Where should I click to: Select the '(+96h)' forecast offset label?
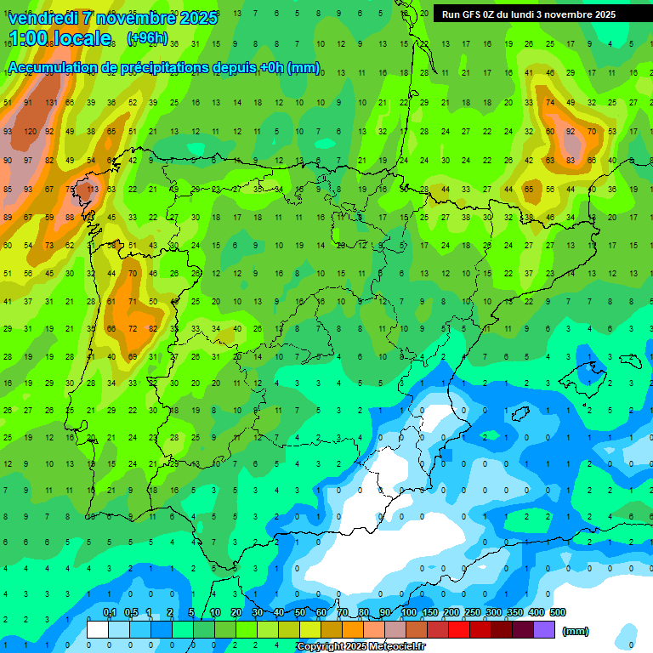147,38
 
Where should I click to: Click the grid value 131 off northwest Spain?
51,103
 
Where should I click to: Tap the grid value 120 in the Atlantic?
31,132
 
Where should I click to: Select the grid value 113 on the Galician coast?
93,189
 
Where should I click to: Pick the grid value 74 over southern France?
550,103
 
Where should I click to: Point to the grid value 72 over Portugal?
133,328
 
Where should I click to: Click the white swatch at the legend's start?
98,630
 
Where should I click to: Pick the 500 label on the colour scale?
558,612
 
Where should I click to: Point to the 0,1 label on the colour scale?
110,612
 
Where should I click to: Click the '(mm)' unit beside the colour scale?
576,631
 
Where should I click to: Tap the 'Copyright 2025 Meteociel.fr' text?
361,647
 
